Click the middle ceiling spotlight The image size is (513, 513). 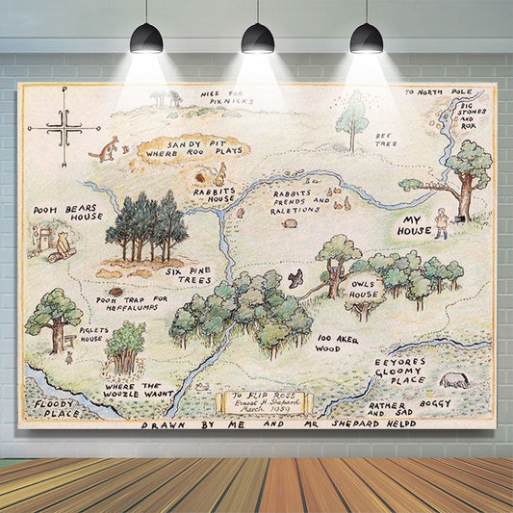[257, 38]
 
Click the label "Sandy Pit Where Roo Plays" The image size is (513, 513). [179, 147]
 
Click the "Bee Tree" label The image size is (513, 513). [386, 141]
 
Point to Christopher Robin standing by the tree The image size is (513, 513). [441, 223]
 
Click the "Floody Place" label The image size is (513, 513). [56, 409]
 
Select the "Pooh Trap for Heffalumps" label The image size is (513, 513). [132, 303]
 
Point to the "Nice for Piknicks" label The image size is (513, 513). [226, 97]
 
